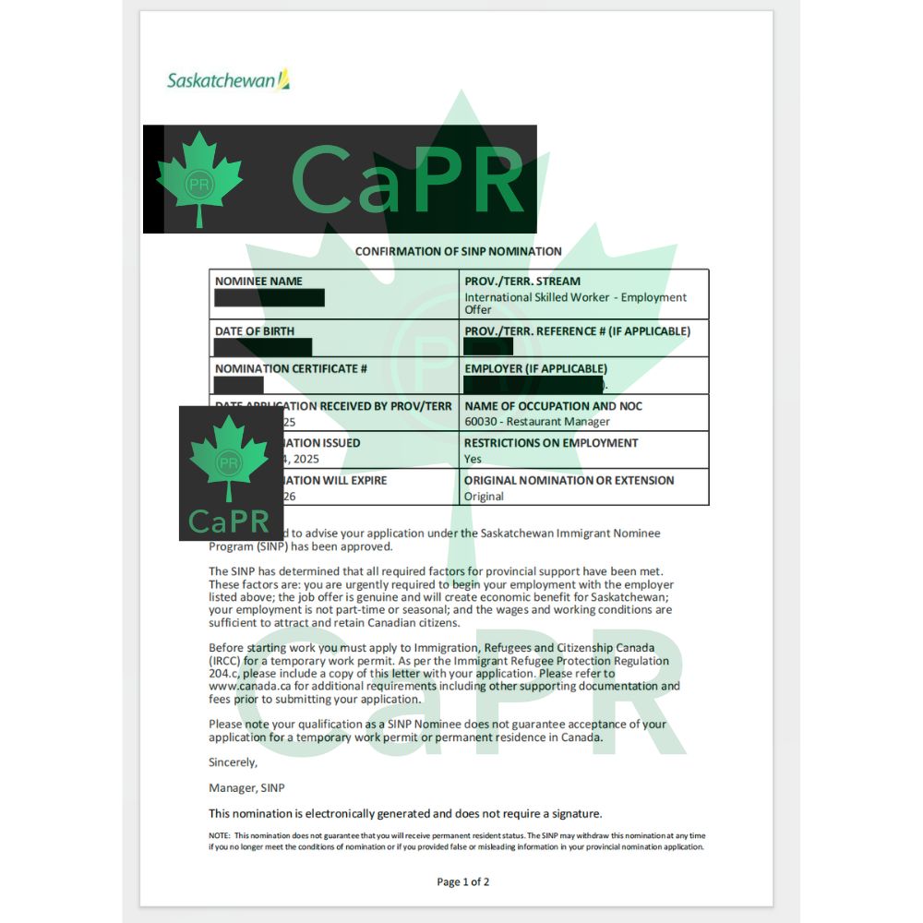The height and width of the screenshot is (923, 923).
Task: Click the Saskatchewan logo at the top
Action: (x=228, y=80)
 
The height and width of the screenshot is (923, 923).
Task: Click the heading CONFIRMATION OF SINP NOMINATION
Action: (x=459, y=251)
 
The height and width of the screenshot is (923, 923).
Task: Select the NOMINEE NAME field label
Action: (x=258, y=282)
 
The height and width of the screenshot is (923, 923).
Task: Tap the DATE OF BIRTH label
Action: (x=255, y=331)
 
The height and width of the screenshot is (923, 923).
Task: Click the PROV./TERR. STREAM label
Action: (x=522, y=282)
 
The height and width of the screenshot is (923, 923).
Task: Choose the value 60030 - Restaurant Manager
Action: (x=537, y=422)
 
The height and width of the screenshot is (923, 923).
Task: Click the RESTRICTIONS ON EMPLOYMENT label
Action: (x=551, y=443)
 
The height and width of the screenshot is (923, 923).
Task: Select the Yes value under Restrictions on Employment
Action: (x=473, y=459)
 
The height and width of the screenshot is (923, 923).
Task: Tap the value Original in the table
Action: (x=484, y=497)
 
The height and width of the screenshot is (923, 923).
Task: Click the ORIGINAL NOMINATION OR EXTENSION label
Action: (x=569, y=480)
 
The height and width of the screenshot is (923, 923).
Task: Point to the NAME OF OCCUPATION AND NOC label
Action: (x=553, y=406)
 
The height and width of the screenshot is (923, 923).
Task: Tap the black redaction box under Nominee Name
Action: (x=270, y=298)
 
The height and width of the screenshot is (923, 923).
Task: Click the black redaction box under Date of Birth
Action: (x=263, y=347)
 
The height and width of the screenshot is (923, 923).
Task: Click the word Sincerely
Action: (x=234, y=762)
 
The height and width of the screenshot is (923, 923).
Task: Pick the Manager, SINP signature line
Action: (x=247, y=788)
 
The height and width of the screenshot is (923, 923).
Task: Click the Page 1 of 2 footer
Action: (x=463, y=881)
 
